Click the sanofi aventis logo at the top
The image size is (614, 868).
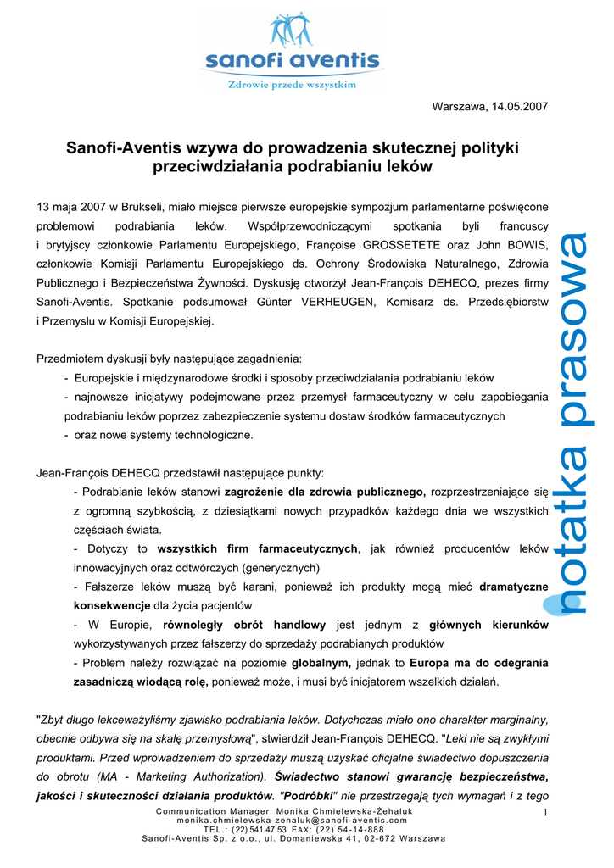tap(291, 50)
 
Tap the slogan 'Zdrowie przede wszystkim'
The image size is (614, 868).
tap(291, 85)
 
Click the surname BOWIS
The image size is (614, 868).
tap(526, 244)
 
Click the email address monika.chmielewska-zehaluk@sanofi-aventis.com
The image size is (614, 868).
tap(293, 821)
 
